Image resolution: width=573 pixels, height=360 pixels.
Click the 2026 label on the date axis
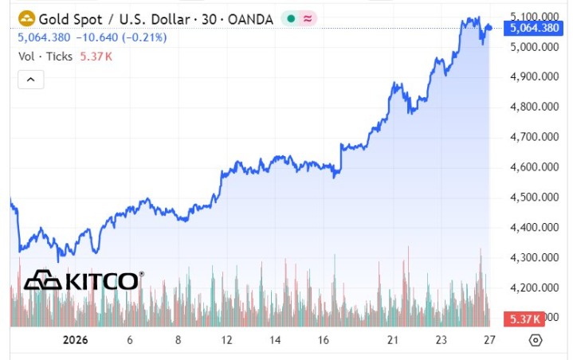(75, 339)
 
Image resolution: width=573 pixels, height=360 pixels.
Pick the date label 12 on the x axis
(227, 339)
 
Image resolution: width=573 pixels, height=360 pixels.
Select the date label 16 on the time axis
(324, 339)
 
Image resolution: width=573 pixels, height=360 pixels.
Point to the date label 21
(392, 339)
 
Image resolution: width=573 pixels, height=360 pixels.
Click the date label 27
(489, 339)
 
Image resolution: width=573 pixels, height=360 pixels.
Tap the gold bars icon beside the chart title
(26, 18)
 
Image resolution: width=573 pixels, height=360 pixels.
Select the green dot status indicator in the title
(291, 18)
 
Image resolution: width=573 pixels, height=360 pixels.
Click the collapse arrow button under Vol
(30, 79)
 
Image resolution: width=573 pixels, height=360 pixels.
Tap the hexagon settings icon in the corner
(536, 339)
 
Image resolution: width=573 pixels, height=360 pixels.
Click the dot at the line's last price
(489, 28)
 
